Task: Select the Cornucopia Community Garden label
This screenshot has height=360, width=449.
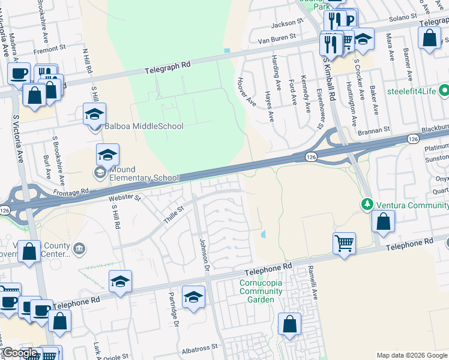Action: pos(261,291)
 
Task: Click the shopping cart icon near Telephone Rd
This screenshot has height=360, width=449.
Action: pos(343,242)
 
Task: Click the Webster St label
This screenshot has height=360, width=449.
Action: pos(124,197)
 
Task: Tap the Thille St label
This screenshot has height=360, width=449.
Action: pos(173,215)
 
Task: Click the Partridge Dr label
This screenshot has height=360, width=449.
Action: pos(173,309)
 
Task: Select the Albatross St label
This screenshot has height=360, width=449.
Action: pos(199,348)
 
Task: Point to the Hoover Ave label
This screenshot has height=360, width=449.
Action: pos(246,92)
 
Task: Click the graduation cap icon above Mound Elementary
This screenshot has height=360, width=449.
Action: pos(107,155)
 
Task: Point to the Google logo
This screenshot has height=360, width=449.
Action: pos(20,353)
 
